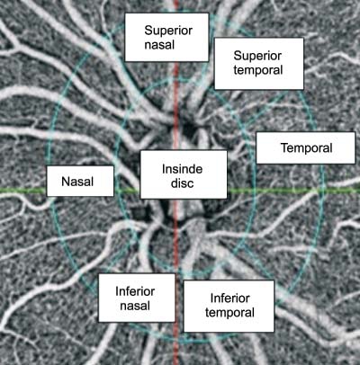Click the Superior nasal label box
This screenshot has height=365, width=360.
(166, 37)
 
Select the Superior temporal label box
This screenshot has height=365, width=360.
(259, 64)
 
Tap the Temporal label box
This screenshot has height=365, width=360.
(306, 147)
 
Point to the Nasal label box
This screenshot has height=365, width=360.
(80, 182)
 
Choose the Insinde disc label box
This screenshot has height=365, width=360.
(184, 174)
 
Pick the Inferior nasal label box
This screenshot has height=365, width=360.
(137, 298)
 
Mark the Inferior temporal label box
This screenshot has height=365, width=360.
(229, 307)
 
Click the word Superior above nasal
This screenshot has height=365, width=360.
(168, 31)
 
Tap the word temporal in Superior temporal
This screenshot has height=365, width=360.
(258, 70)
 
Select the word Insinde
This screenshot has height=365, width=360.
(182, 169)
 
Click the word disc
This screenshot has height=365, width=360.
(182, 183)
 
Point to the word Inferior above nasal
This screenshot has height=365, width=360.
(135, 291)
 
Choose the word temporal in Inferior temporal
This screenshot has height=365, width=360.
(229, 313)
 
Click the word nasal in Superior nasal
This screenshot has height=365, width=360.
(159, 45)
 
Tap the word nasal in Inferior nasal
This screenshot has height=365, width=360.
(135, 306)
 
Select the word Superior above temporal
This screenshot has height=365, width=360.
(257, 56)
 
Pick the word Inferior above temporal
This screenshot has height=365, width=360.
(229, 298)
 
